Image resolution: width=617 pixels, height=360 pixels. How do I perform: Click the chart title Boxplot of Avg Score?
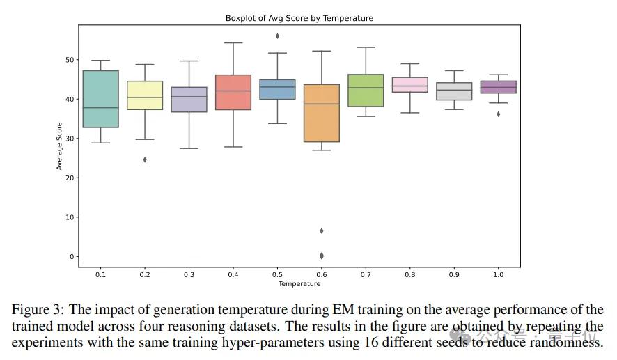click(x=299, y=18)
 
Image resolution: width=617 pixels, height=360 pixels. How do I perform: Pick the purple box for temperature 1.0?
click(x=497, y=87)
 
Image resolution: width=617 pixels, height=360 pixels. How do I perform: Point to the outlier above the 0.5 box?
click(x=277, y=36)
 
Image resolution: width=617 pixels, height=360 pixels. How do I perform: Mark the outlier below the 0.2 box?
click(x=145, y=159)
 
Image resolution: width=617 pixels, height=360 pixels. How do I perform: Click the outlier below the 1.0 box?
click(x=497, y=114)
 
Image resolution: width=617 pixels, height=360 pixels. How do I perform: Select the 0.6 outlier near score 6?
click(x=321, y=230)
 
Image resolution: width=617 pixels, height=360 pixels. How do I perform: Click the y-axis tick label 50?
click(x=69, y=60)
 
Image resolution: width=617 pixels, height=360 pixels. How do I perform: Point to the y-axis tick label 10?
click(x=69, y=217)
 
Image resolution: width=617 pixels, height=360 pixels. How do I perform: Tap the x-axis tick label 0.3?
click(x=189, y=275)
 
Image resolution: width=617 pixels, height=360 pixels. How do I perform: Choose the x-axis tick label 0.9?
click(x=453, y=275)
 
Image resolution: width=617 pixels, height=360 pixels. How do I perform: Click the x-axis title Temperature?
click(x=299, y=284)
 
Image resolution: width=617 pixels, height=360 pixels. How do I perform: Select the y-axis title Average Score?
click(x=60, y=146)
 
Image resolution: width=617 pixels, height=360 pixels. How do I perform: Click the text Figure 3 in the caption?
click(x=36, y=310)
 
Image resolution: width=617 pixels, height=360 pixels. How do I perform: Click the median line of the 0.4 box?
click(x=233, y=91)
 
